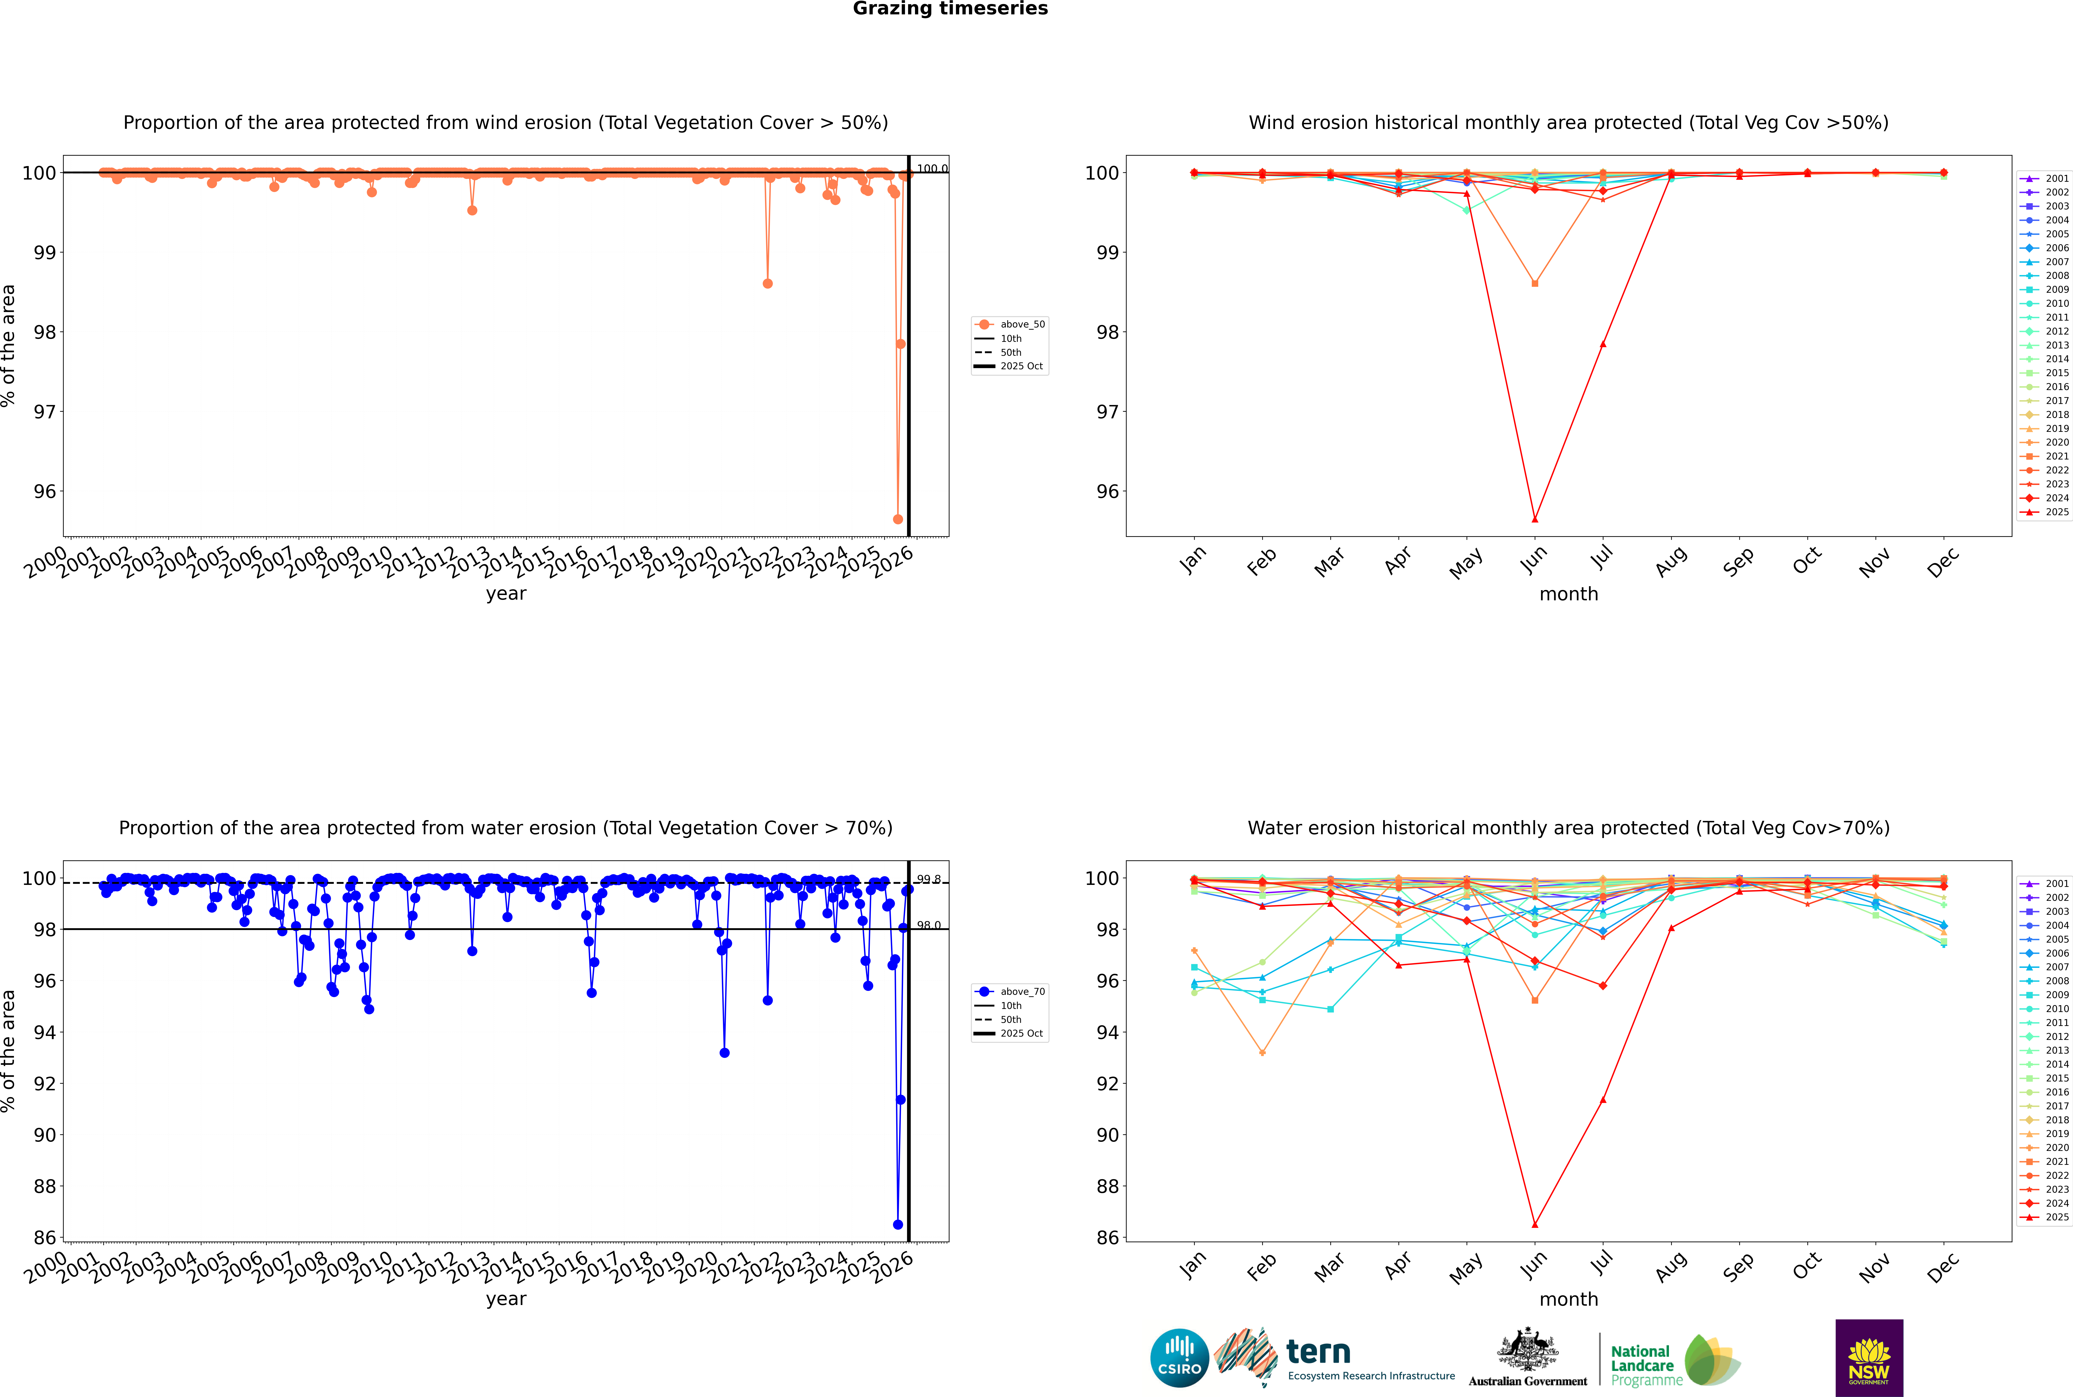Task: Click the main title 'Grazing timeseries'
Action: pos(950,9)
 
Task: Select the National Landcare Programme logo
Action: pos(1674,1361)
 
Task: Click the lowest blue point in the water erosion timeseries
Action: pos(897,1224)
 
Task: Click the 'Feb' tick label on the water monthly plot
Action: pos(1261,1267)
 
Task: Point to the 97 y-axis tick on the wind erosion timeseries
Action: pos(44,412)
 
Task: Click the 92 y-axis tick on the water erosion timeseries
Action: pos(44,1083)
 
